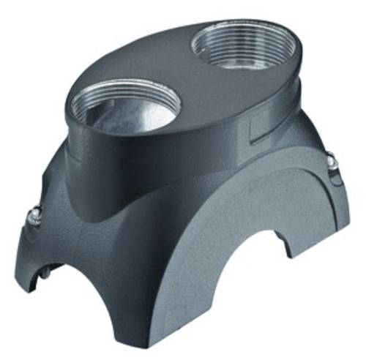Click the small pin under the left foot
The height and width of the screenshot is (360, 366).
click(40, 274)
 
